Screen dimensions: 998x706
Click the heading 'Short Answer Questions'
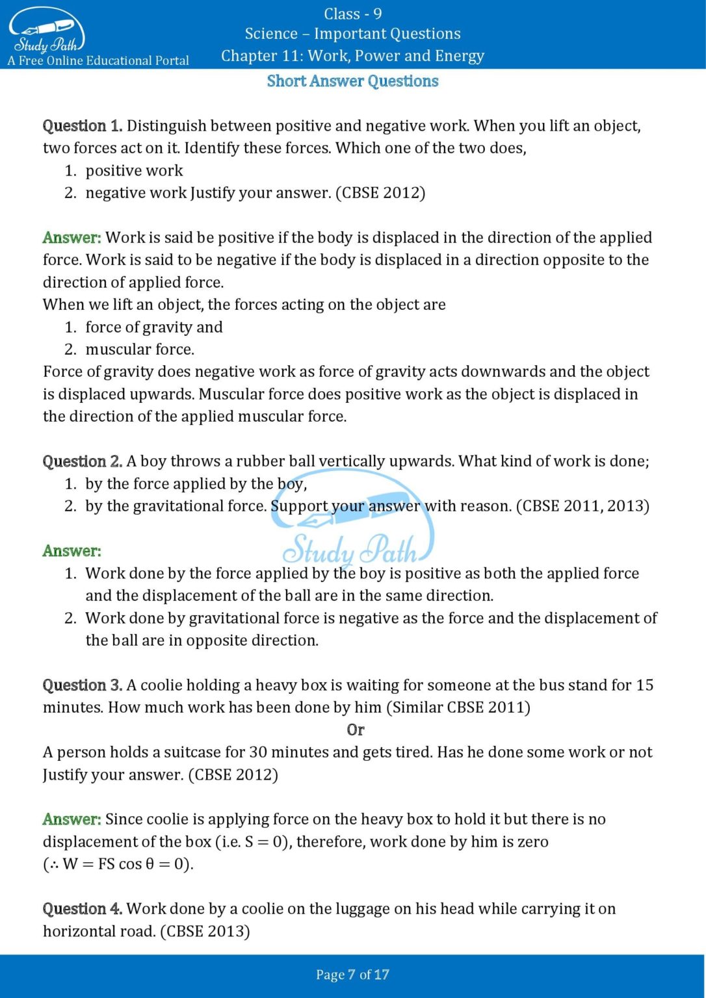coord(352,81)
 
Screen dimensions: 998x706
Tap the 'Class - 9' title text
coord(352,14)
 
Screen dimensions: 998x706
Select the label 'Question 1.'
coord(82,125)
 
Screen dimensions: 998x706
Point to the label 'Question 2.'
coord(82,461)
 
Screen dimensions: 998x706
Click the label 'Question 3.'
coord(82,685)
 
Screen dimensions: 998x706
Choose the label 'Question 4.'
coord(82,908)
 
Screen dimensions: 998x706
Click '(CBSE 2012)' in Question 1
coord(380,193)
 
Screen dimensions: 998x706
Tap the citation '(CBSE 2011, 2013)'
coord(582,506)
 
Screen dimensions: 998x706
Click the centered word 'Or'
coord(355,730)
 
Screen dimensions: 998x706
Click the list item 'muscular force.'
coord(140,350)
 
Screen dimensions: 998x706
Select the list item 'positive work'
coord(134,171)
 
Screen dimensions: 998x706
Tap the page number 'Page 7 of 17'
coord(352,975)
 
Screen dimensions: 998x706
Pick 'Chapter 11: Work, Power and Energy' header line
coord(352,56)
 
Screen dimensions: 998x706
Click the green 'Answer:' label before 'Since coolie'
coord(72,819)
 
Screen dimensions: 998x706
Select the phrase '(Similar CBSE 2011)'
coord(458,708)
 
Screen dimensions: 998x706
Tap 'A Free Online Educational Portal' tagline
coord(98,61)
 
